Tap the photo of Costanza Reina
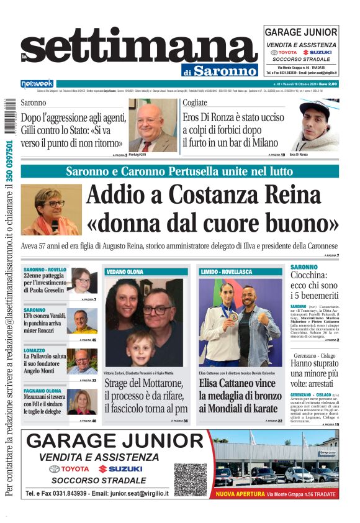(x=51, y=209)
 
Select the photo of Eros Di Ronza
(x=315, y=126)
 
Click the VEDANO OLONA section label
(x=125, y=272)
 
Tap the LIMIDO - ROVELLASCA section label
(x=226, y=272)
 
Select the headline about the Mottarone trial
(x=146, y=396)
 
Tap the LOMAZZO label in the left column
(x=35, y=350)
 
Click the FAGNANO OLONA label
(x=42, y=391)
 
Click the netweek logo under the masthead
(x=37, y=84)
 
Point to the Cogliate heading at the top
(x=195, y=103)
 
